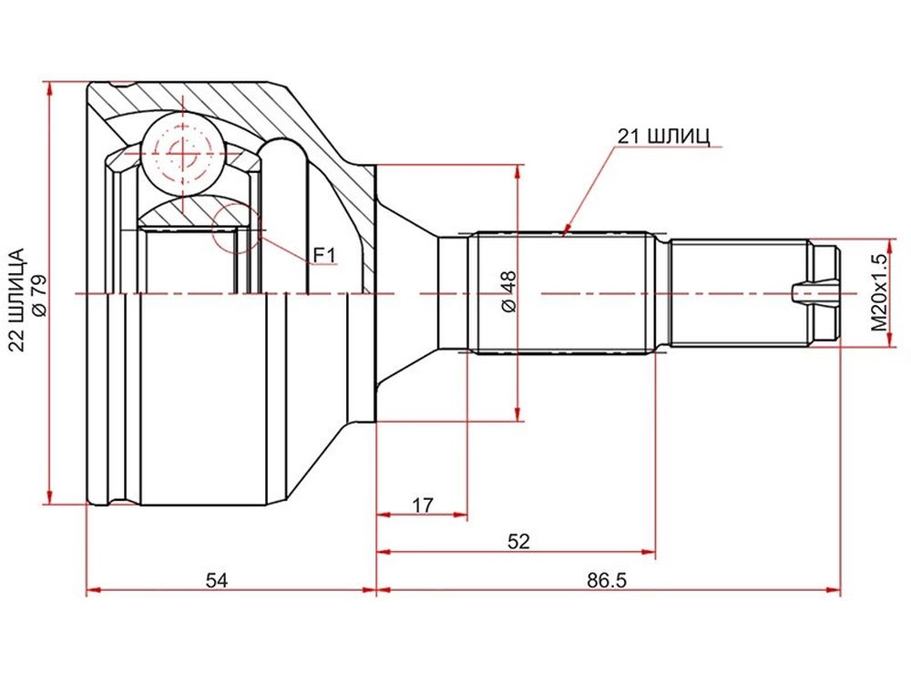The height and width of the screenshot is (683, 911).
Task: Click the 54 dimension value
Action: (x=216, y=579)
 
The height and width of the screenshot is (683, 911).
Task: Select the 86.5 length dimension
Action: (x=607, y=579)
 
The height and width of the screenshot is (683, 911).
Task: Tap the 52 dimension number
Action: (x=519, y=541)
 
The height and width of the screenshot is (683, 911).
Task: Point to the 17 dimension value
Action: (x=423, y=505)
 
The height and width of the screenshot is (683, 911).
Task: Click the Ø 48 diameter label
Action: (x=508, y=292)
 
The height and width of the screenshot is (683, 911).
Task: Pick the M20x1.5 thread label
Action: (x=881, y=292)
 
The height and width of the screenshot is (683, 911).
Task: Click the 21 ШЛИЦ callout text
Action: (x=663, y=138)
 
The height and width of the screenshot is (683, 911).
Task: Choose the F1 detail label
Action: (x=325, y=255)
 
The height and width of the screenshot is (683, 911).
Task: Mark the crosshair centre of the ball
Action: (x=183, y=153)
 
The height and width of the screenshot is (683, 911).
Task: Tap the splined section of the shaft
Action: (x=561, y=293)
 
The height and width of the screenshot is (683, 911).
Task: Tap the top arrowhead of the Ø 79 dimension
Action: (x=50, y=89)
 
